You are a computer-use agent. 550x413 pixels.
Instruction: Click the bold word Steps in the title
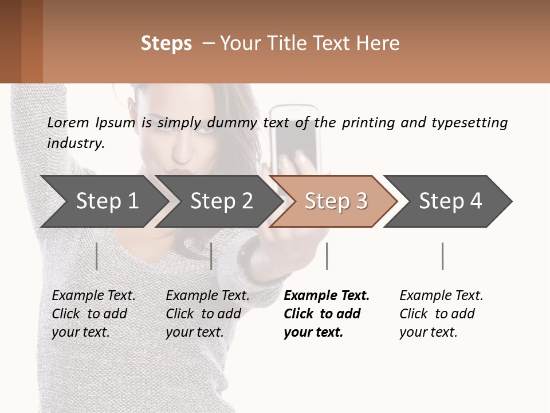point(166,44)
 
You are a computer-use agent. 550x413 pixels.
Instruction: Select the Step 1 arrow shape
point(107,201)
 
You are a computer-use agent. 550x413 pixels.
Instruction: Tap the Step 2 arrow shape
point(221,201)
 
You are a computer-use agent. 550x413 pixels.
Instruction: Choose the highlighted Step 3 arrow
point(336,201)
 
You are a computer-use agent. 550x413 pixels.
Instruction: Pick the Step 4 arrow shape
point(450,201)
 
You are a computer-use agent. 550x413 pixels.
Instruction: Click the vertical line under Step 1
point(97,256)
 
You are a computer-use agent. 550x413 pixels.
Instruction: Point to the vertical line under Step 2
point(211,256)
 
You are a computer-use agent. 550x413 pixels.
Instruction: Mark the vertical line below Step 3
point(327,256)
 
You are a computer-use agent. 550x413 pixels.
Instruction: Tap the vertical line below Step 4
point(442,256)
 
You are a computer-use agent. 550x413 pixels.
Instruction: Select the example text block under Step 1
point(93,313)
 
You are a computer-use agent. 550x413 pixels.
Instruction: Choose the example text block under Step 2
point(207,313)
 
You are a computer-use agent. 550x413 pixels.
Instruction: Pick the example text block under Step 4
point(441,313)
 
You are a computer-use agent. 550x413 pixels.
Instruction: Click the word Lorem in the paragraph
point(68,122)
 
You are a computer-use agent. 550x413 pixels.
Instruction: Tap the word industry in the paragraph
point(75,143)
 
